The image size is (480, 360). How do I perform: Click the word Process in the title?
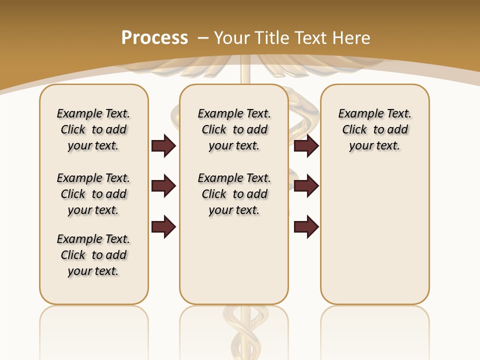154,38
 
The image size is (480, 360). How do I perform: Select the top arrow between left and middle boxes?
163,145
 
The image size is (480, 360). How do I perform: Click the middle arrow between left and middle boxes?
163,186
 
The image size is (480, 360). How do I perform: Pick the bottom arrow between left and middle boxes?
163,226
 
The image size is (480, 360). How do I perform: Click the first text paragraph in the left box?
93,129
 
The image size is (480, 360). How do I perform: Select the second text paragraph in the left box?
93,194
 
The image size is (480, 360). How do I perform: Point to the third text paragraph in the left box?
93,255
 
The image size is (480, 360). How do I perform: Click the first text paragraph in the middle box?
234,129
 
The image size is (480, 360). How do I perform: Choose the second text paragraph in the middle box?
234,194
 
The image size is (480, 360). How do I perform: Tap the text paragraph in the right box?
375,129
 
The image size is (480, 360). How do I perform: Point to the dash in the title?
203,38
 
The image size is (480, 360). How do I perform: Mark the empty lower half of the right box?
375,235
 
